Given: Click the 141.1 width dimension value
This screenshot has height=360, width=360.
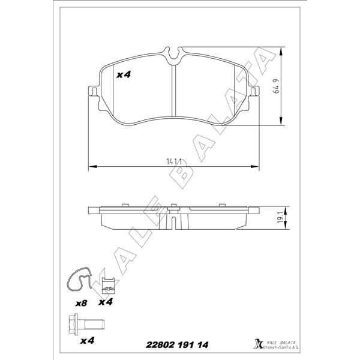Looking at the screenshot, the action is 174,161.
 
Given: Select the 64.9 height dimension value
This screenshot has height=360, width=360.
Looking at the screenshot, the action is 277,86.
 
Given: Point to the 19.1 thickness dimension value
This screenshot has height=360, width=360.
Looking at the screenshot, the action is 280,218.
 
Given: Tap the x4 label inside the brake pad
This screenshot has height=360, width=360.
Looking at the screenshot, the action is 123,74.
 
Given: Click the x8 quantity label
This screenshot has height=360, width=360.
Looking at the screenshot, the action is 81,303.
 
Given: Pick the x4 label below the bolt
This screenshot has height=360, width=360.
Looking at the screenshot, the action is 87,340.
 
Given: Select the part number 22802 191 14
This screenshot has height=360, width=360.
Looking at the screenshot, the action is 177,345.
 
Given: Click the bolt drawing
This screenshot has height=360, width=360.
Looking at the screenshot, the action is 86,324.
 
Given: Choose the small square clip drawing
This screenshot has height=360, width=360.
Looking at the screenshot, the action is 108,286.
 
